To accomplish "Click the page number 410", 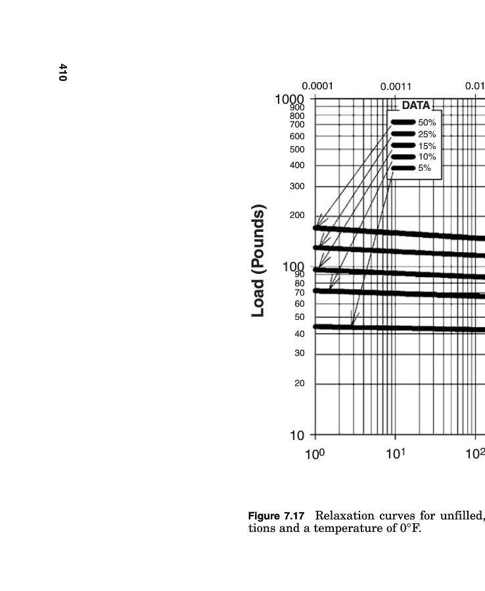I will pos(62,72).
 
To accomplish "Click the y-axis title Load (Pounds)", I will pos(259,261).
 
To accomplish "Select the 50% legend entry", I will pos(427,123).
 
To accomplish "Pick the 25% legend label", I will pos(427,135).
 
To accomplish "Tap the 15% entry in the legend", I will pos(427,146).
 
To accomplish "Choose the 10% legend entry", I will pos(427,157).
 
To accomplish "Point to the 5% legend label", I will pos(425,168).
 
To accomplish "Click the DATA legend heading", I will pos(415,105).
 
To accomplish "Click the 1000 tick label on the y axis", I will pos(289,99).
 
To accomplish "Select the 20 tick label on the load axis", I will pos(300,383).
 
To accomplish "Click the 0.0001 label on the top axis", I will pos(317,86).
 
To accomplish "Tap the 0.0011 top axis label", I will pos(396,87).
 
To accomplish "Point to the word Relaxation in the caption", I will pos(342,515).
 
